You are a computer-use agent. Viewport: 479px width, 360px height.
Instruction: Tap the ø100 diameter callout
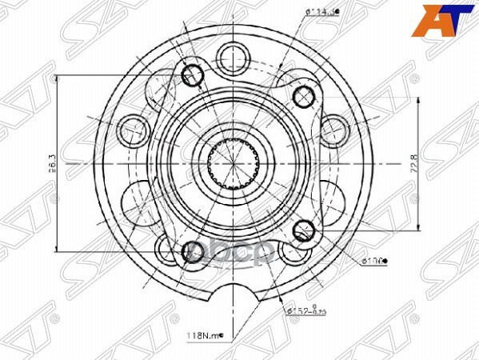375,260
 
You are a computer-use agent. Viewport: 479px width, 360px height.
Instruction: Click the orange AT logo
438,21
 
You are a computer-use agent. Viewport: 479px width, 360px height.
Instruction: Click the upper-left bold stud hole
193,75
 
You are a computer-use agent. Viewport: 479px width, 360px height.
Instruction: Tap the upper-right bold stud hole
303,97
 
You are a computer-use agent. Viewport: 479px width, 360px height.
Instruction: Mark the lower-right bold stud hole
303,231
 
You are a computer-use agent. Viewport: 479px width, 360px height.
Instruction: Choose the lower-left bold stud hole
193,253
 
